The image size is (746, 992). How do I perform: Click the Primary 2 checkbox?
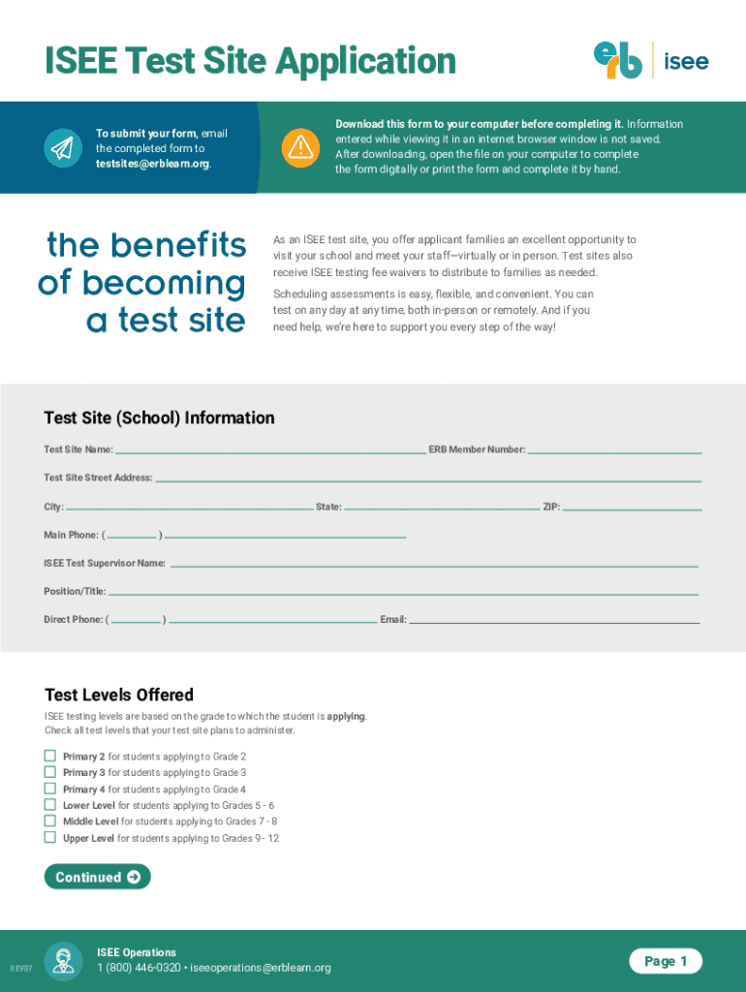[50, 756]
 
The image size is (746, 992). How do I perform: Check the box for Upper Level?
[50, 837]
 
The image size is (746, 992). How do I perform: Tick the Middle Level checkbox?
[50, 821]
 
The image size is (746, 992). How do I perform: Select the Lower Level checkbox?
[50, 804]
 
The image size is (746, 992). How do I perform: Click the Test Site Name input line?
[269, 449]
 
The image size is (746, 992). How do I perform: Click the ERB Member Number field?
[614, 449]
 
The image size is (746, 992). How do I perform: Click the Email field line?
[553, 620]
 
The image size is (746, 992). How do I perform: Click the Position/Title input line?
[402, 591]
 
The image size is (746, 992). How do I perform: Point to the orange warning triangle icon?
[299, 147]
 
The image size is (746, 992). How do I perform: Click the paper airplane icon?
[61, 147]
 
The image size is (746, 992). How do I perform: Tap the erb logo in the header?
[618, 60]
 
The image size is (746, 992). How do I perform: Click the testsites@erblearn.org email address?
[152, 164]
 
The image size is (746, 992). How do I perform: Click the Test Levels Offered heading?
[119, 695]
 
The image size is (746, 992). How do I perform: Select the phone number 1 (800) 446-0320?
[139, 968]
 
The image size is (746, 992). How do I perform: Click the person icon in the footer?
[64, 961]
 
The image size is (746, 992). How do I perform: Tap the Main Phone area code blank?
[133, 535]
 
